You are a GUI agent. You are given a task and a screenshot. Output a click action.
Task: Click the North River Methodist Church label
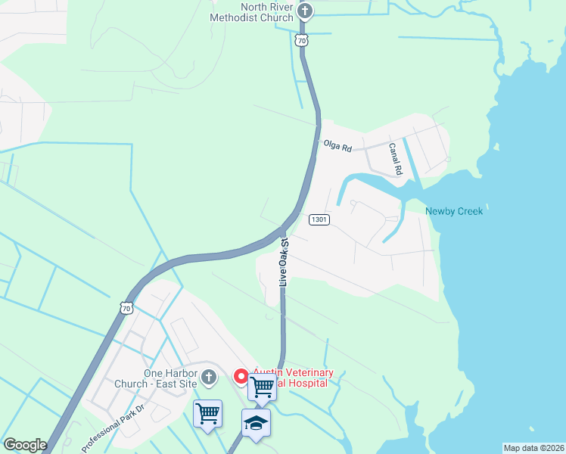(x=257, y=12)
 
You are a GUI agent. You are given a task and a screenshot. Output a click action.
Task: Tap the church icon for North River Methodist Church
(x=305, y=11)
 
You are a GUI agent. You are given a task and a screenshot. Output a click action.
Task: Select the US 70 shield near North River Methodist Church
(x=303, y=40)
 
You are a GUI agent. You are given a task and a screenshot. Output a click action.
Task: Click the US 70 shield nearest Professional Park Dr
(x=126, y=308)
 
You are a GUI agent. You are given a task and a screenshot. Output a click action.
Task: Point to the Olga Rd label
(x=337, y=145)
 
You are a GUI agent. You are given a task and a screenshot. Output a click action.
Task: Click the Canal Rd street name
(x=396, y=160)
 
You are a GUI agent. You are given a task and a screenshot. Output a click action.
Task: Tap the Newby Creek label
(x=454, y=211)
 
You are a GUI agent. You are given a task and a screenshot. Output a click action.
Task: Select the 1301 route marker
(x=319, y=219)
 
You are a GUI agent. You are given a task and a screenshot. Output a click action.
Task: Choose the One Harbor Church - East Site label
(x=171, y=378)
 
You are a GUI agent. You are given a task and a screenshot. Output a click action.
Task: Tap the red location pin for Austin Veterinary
(x=241, y=376)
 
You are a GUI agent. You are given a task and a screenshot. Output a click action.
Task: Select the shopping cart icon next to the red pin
(x=262, y=387)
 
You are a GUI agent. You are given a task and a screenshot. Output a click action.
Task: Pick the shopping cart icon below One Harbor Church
(x=207, y=413)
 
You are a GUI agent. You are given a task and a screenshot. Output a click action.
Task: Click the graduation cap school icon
(x=256, y=422)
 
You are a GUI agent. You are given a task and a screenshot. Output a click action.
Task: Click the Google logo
(x=25, y=445)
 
